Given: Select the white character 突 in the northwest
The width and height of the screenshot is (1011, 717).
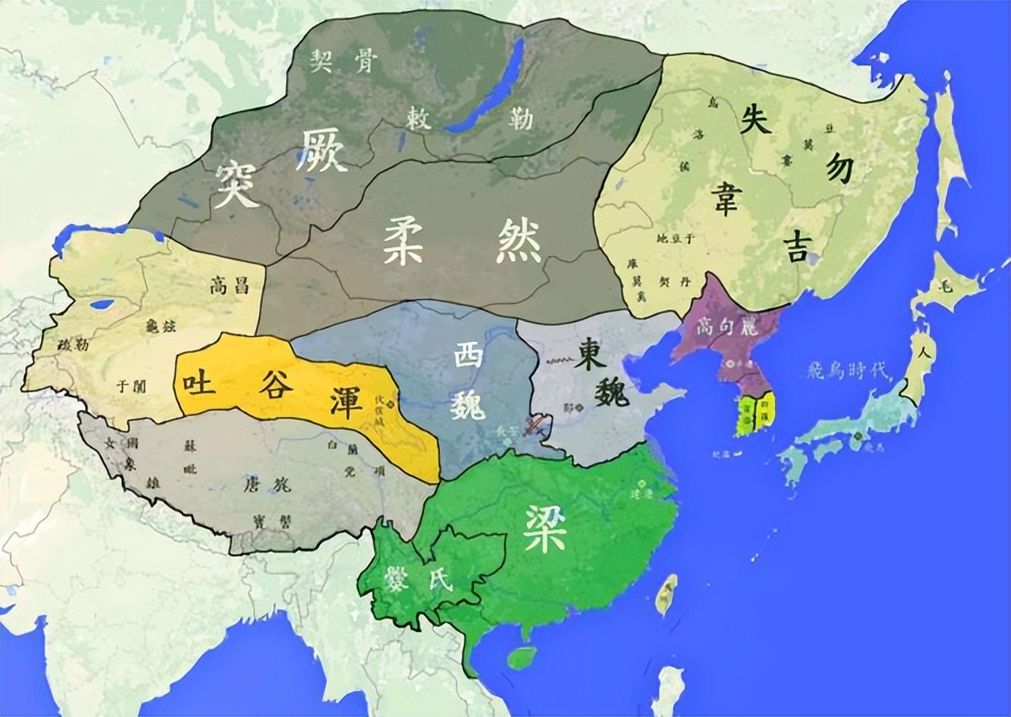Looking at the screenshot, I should (236, 186).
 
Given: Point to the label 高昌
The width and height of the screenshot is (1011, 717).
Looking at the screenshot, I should (230, 285).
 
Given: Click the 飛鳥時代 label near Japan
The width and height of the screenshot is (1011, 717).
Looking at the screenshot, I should (847, 370).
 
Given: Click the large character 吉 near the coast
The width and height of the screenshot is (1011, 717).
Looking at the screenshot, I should (795, 247).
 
